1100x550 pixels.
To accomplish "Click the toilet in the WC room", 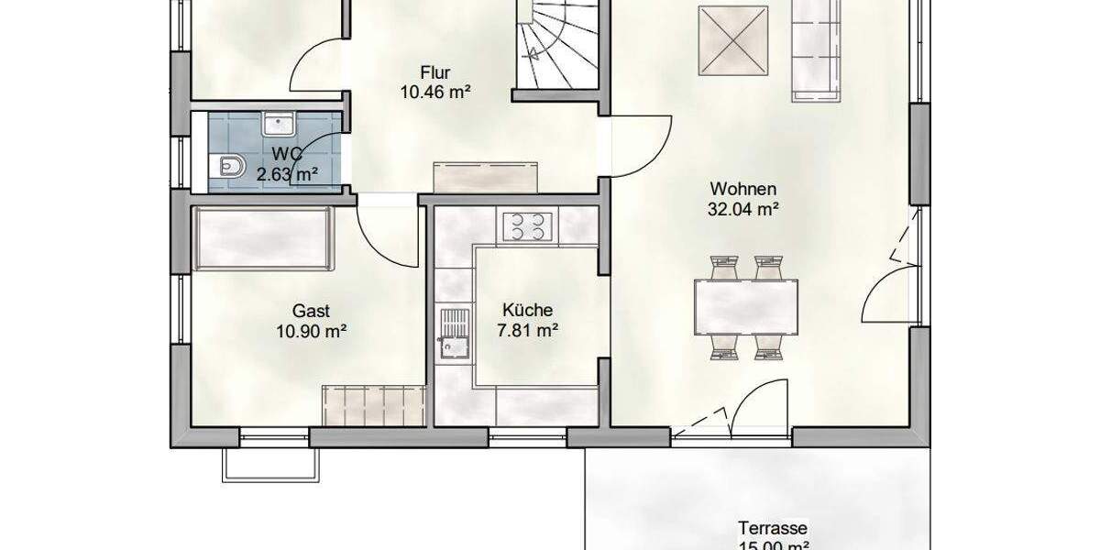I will coord(229,166).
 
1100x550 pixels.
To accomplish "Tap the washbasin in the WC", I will coord(276,124).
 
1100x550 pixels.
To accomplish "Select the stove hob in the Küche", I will coord(525,225).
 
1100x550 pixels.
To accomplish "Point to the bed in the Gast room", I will coord(263,238).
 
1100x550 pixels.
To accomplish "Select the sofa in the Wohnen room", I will coord(815,48).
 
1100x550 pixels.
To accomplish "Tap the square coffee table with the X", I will coord(732,42).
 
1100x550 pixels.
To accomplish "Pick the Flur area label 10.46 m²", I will coord(435,91).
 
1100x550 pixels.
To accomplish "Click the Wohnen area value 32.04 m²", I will coord(743,208).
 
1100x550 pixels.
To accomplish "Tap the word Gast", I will coord(311,311).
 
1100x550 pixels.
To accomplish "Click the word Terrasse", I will coord(773,528).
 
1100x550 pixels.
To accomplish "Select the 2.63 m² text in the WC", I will coord(287,173).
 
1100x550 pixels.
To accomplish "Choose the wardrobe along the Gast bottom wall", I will coord(373,404).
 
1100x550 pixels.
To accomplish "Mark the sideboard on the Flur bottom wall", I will coord(486,177).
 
